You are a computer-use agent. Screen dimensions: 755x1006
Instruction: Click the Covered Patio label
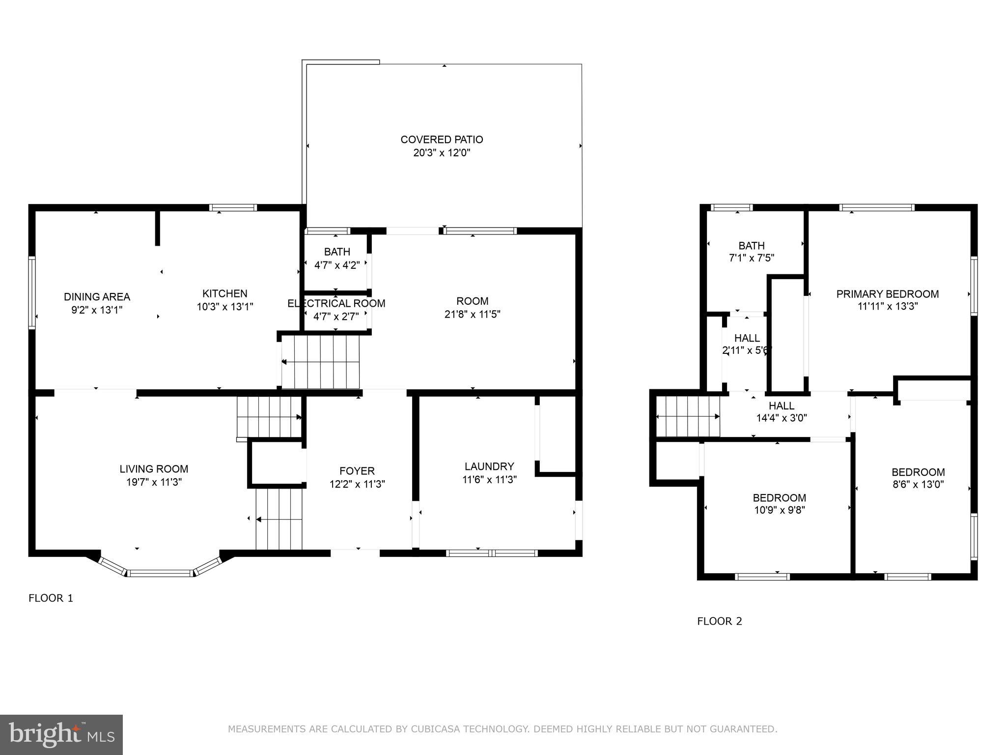point(442,140)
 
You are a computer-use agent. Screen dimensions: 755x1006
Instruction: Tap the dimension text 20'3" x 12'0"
point(442,153)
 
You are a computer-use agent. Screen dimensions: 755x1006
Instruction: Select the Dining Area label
point(97,297)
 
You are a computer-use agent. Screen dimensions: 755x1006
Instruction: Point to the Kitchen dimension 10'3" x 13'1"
point(225,307)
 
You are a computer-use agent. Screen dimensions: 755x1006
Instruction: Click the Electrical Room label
point(336,304)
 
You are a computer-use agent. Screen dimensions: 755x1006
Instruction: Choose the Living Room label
point(154,469)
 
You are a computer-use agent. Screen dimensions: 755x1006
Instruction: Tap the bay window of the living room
point(160,572)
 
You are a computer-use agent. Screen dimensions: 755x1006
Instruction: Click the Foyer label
point(357,471)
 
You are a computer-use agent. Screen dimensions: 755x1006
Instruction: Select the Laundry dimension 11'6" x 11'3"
point(489,480)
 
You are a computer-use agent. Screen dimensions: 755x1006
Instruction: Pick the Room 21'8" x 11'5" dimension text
point(472,314)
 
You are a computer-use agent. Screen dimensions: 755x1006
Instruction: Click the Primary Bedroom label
point(887,294)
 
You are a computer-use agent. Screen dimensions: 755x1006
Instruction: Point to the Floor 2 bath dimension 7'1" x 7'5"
point(752,258)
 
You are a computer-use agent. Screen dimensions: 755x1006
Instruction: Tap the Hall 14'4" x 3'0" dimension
point(781,418)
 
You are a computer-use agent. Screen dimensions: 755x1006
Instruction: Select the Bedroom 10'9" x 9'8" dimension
point(780,510)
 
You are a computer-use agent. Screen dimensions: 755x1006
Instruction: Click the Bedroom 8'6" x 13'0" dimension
point(918,484)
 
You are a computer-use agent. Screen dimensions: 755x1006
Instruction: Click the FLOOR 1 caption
point(51,598)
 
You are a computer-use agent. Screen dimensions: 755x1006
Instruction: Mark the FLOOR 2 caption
point(719,621)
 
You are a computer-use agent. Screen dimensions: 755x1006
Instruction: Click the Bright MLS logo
point(61,734)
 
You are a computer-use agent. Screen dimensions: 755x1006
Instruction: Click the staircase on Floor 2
point(688,416)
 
